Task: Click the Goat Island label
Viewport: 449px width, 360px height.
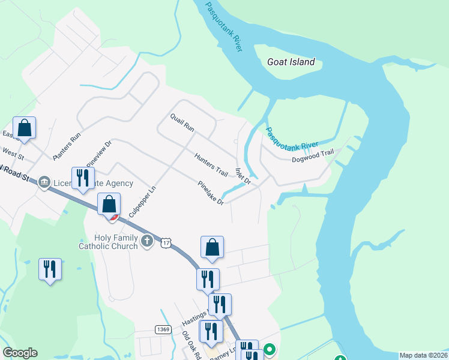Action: [x=291, y=62]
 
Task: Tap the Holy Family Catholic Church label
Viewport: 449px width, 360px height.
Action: [x=108, y=242]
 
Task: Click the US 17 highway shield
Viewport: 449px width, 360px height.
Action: [x=166, y=242]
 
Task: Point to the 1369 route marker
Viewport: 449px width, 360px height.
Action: [x=163, y=329]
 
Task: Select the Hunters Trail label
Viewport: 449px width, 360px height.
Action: [x=211, y=164]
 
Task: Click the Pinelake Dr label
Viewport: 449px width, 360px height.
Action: [x=211, y=193]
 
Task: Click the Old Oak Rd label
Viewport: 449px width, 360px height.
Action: [x=191, y=345]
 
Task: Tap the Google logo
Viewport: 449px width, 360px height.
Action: [x=20, y=353]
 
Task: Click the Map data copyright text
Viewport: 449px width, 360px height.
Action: [x=423, y=355]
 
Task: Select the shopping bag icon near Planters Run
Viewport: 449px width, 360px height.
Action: [x=24, y=127]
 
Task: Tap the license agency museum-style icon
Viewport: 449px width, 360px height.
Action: [x=43, y=182]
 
